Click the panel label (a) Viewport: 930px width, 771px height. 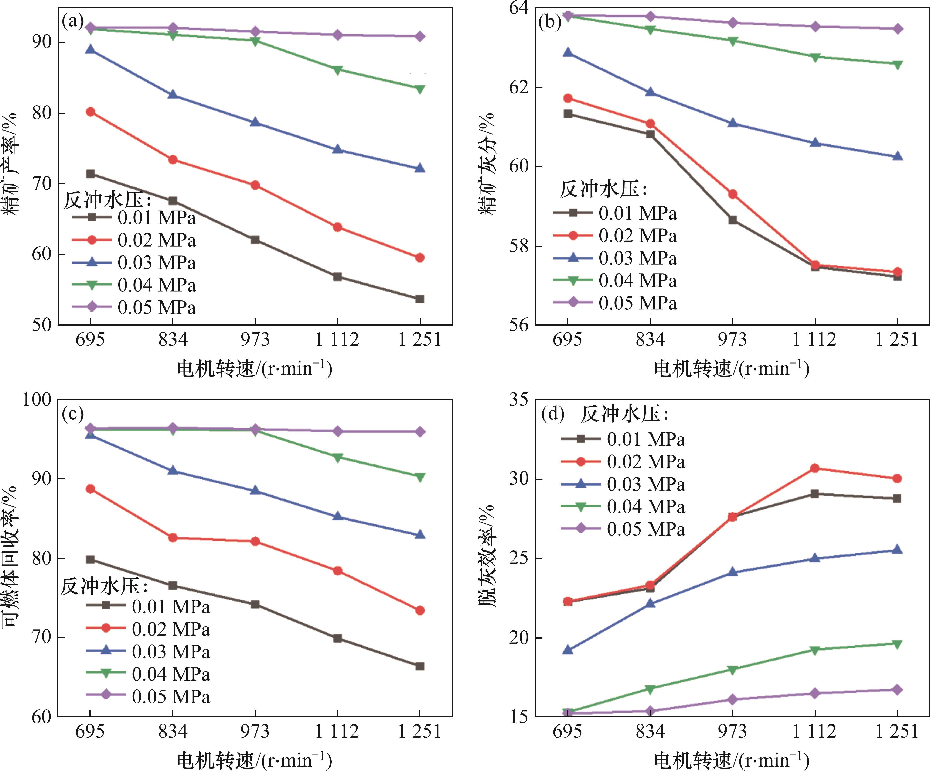[x=73, y=21]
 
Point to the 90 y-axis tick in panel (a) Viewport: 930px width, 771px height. [x=42, y=42]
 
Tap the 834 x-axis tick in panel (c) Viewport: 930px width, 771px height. [x=173, y=732]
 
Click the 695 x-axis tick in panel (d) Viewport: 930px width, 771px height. [x=567, y=732]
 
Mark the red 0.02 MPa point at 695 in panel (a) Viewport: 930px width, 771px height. [x=90, y=112]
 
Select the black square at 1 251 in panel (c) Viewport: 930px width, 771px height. [x=420, y=666]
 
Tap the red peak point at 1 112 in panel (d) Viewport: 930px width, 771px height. [x=814, y=468]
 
